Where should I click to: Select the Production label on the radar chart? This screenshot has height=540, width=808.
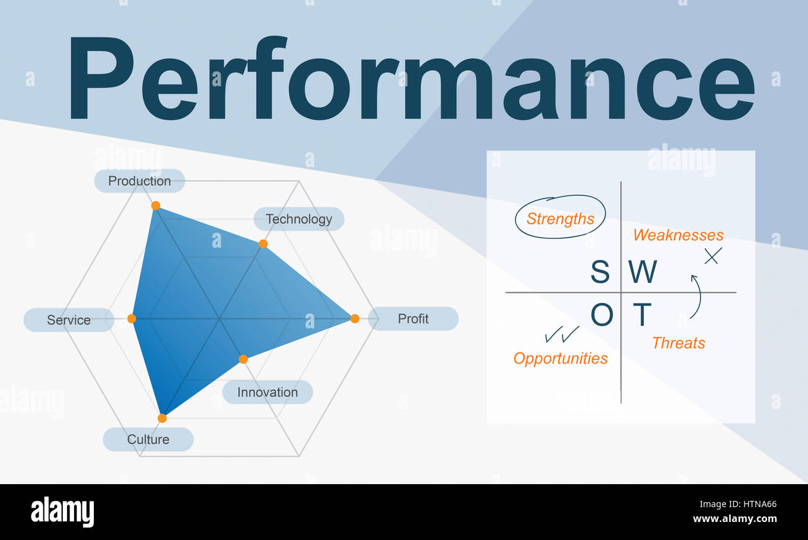pos(139,181)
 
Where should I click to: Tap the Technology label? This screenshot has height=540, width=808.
pos(299,219)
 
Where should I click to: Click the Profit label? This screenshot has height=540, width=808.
pos(413,318)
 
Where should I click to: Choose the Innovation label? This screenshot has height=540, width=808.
pos(267,392)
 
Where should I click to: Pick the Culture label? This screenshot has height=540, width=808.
pos(148,439)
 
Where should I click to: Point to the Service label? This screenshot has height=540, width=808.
pos(68,320)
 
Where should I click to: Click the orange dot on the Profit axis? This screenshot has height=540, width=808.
pos(354,318)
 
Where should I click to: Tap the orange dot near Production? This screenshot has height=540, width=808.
pos(155,205)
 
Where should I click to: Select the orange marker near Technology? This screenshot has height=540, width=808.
pos(263,244)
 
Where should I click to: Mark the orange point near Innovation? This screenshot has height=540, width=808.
pos(243,359)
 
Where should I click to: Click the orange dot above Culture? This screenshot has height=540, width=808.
pos(162,418)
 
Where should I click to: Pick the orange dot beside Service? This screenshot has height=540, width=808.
pos(132,318)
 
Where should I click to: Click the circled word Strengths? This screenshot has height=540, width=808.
pos(560,218)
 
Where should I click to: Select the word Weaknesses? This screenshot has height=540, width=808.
pos(678,235)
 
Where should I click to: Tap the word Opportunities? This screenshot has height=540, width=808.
pos(560,358)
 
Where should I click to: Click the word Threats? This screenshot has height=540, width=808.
pos(678,343)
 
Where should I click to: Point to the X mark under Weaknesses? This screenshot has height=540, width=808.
pos(712,255)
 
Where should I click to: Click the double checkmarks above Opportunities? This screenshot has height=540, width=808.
pos(561,334)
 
